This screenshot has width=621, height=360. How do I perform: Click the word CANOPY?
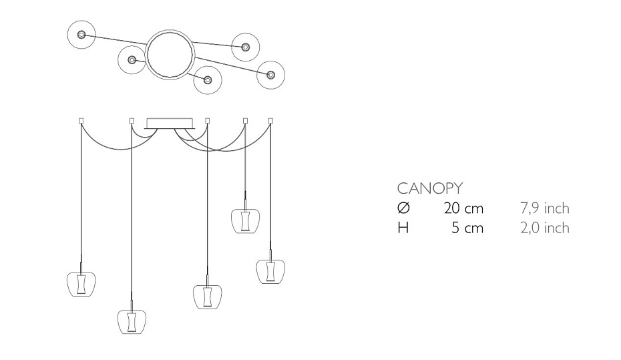pos(430,188)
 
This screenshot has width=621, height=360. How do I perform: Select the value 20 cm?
pos(464,208)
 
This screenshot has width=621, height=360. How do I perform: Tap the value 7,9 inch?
pos(545,208)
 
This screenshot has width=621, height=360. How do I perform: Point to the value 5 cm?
pos(467,228)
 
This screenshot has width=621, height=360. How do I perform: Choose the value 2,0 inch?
pos(545,228)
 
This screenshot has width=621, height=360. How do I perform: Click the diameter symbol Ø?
pos(403,208)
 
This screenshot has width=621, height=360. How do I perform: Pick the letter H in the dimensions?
pos(403,228)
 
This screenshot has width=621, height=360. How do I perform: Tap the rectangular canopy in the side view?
pos(170,123)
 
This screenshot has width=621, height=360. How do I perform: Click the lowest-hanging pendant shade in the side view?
pos(132,321)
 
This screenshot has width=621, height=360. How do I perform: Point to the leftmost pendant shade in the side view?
pos(81,284)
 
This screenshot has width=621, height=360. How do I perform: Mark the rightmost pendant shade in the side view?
pos(270,271)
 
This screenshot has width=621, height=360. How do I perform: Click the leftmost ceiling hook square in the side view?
pos(81,120)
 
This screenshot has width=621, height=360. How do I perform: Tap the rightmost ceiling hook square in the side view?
pos(270,120)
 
